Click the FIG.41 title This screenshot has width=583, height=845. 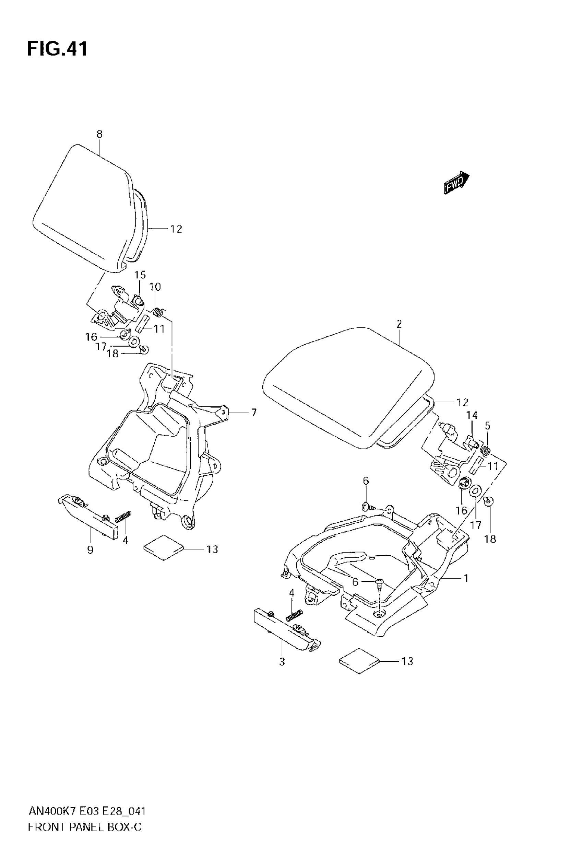coord(57,49)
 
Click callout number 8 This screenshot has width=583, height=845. coord(99,134)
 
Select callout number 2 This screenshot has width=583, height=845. coord(399,324)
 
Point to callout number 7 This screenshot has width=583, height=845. coord(253,413)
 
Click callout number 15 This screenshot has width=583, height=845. coord(140,275)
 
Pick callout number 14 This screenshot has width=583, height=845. coord(472,415)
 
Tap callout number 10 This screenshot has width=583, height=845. coord(155,287)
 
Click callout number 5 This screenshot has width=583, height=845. coord(488,426)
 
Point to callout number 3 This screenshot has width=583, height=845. coord(282,661)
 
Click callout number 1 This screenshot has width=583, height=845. coord(466,578)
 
